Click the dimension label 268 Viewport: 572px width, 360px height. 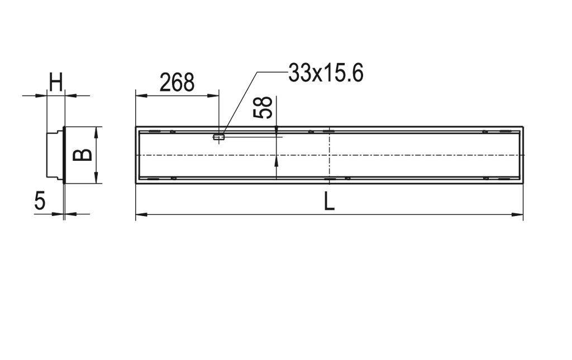coord(177,82)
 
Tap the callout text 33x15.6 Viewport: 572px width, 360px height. coord(326,73)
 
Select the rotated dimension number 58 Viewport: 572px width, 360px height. coord(263,107)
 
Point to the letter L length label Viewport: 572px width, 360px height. coord(329,201)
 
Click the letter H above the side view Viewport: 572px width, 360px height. coord(56,83)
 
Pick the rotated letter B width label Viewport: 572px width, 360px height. coord(83,154)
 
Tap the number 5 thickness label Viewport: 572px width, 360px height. coord(39,201)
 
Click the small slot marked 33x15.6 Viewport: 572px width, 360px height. coord(219,136)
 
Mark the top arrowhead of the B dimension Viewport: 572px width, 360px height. coord(97,131)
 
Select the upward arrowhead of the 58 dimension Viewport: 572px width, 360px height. coord(277,161)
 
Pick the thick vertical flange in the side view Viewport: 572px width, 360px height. coord(65,155)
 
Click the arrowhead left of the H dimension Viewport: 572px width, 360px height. coord(41,95)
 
